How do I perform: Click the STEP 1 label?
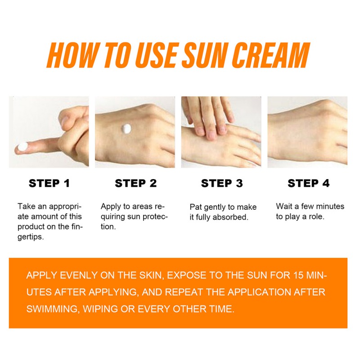pos(49,183)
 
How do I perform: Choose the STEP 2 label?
pos(136,183)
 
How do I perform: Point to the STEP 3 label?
pos(222,183)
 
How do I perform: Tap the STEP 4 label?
pos(308,183)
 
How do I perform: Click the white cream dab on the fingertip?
pos(23,147)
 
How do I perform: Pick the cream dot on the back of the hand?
pos(126,129)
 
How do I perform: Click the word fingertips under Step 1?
pos(50,232)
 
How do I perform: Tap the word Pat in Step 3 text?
pos(196,207)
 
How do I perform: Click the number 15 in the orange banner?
pos(299,275)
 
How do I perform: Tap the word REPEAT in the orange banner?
pos(184,292)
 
